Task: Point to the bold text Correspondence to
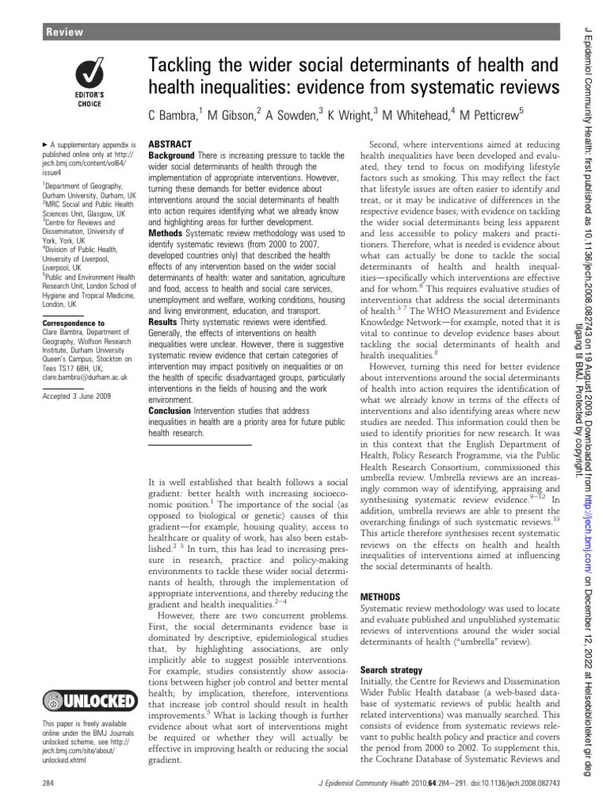click(x=74, y=323)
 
